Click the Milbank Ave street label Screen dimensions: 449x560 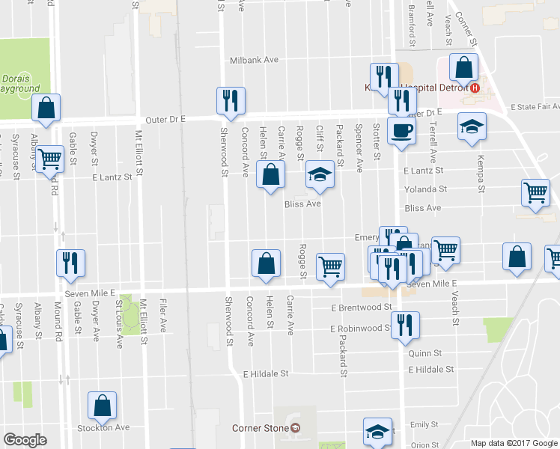tap(255, 59)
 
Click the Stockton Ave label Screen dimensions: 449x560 tap(105, 428)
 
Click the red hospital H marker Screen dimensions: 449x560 tap(473, 88)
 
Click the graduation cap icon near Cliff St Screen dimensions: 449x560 tap(320, 175)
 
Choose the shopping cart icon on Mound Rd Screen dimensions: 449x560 tap(50, 158)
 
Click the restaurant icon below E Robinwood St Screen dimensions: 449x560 tap(404, 324)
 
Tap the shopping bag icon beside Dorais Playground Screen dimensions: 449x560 tap(46, 108)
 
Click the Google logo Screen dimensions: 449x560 tap(25, 440)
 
